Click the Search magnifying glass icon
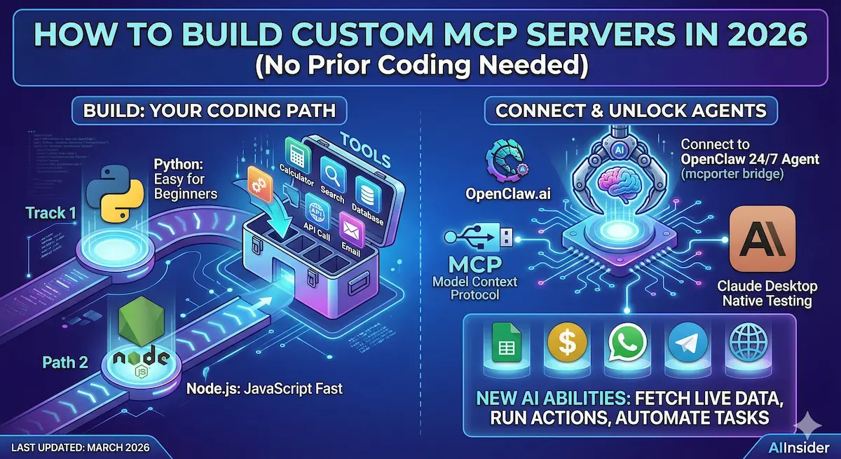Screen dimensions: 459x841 330,170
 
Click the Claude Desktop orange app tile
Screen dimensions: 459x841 762,239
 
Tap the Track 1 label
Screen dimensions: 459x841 51,212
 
